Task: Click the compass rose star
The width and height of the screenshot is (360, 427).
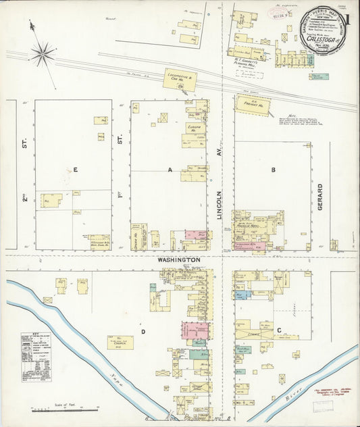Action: [x=43, y=52]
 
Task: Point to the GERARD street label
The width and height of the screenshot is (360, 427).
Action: [x=321, y=197]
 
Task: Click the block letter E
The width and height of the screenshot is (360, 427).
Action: [x=75, y=170]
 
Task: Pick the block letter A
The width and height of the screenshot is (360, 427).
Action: [x=170, y=170]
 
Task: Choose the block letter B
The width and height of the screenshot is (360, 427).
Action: [x=274, y=170]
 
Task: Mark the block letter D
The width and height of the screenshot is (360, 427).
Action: [x=143, y=331]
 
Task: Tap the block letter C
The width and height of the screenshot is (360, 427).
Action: [x=278, y=331]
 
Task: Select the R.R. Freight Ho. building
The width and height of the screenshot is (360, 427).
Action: [x=253, y=104]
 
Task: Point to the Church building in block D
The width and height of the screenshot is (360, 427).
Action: [x=120, y=343]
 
